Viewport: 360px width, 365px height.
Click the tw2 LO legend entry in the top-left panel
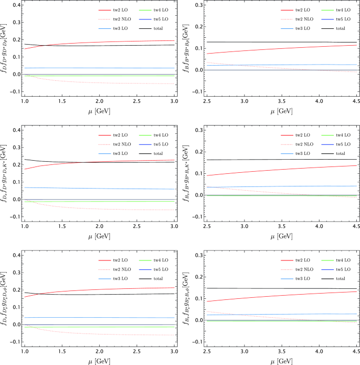[x=115, y=9]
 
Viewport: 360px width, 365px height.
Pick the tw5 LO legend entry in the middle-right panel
[x=341, y=143]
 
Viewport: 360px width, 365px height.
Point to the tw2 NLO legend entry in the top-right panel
[x=304, y=18]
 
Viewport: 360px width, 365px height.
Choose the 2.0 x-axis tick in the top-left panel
[x=99, y=100]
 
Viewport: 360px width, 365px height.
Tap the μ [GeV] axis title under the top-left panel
[x=99, y=112]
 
